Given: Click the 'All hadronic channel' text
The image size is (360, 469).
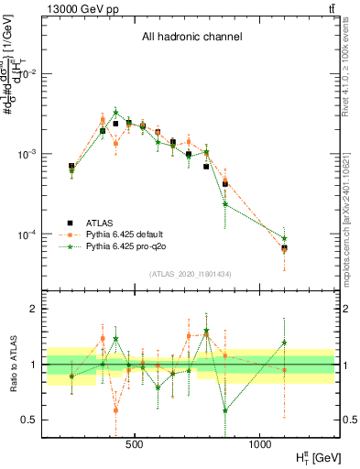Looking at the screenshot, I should (x=191, y=38).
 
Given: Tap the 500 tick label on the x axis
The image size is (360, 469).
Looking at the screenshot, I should (x=135, y=443).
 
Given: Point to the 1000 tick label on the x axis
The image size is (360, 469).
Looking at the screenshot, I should (x=260, y=443).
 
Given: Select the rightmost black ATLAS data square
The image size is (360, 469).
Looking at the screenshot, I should (x=284, y=247).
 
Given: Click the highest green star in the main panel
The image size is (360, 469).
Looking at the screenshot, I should (x=115, y=113).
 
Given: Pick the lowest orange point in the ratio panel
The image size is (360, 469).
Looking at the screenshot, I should (x=115, y=410).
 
